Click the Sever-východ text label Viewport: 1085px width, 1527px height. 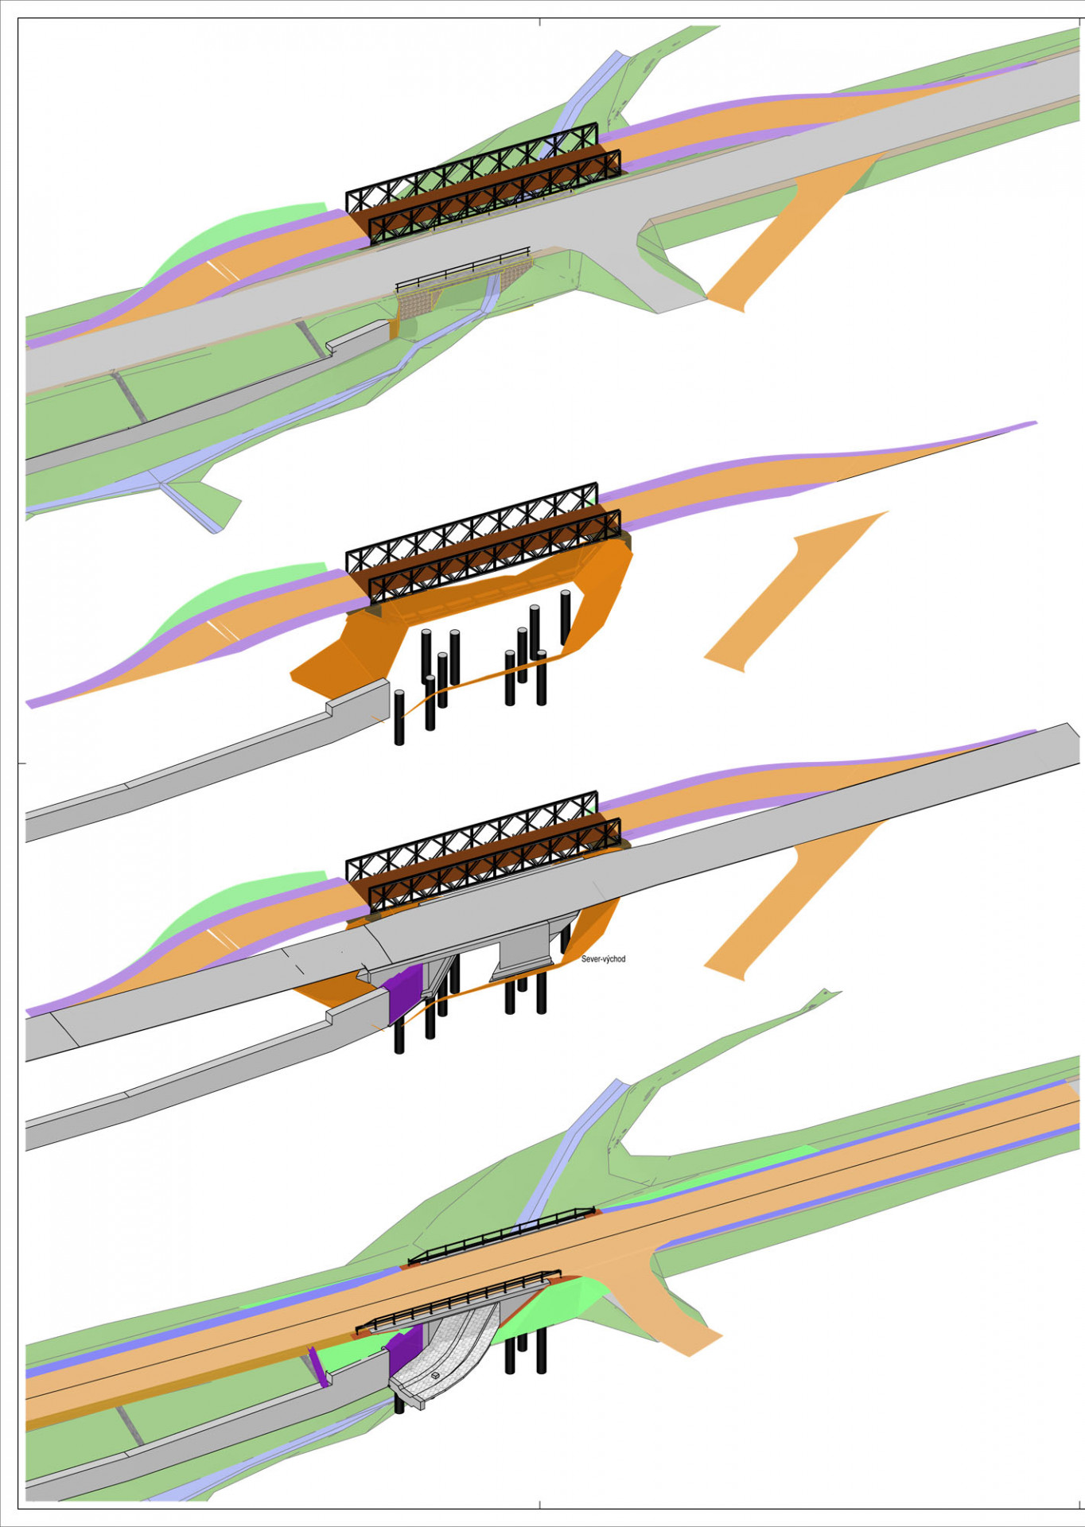pyautogui.click(x=603, y=959)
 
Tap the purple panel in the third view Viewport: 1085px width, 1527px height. pyautogui.click(x=402, y=993)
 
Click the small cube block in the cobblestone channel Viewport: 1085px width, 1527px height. pyautogui.click(x=435, y=1374)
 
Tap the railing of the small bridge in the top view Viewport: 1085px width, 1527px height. pyautogui.click(x=463, y=270)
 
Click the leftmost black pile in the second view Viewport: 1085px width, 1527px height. pyautogui.click(x=399, y=717)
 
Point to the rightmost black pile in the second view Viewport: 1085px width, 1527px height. pyautogui.click(x=566, y=617)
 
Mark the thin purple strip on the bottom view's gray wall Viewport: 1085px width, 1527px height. pyautogui.click(x=319, y=1366)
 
